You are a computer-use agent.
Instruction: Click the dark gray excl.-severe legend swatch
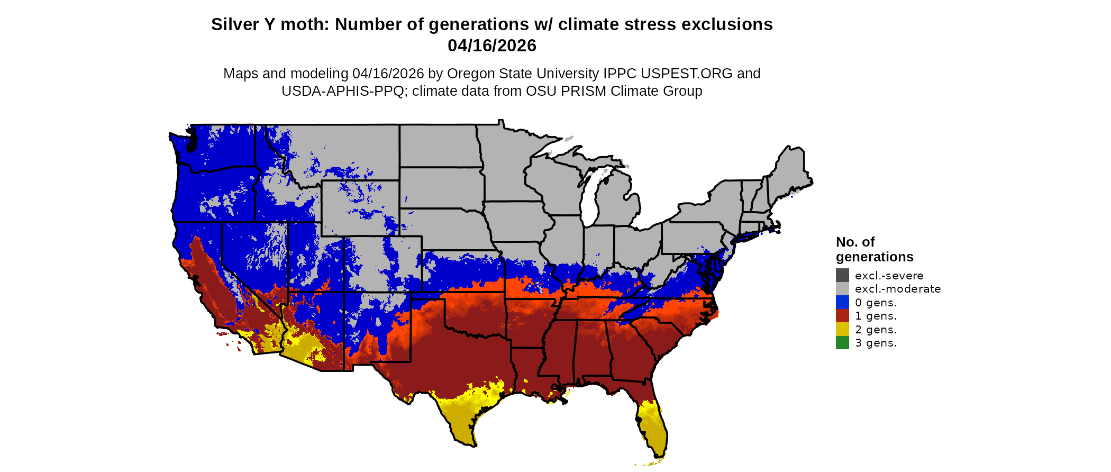(842, 275)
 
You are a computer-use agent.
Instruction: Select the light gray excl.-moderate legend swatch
(842, 289)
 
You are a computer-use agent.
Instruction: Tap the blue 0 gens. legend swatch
(842, 302)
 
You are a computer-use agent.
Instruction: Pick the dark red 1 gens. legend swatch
(842, 316)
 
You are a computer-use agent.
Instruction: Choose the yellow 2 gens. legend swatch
(842, 329)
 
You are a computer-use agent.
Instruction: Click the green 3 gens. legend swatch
(842, 343)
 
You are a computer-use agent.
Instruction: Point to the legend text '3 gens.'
(876, 343)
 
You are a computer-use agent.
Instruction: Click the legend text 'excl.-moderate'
(898, 289)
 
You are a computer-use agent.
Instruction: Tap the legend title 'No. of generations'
(874, 249)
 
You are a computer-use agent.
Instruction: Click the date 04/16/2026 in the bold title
(491, 46)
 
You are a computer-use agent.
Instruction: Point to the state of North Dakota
(439, 146)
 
